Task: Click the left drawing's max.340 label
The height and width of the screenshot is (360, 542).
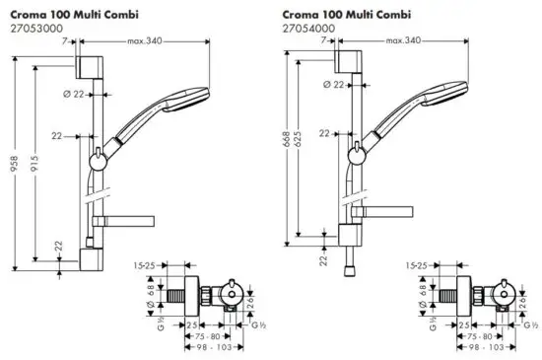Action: pyautogui.click(x=146, y=41)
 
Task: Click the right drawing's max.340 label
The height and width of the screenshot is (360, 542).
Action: pyautogui.click(x=404, y=41)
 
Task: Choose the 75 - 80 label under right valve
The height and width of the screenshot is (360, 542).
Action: pyautogui.click(x=466, y=335)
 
